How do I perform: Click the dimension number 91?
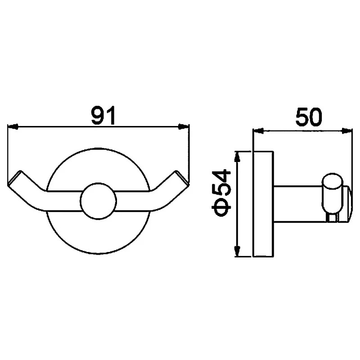(x=103, y=115)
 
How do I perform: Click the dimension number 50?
(x=309, y=117)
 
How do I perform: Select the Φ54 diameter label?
(x=221, y=193)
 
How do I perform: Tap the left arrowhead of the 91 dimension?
(x=13, y=126)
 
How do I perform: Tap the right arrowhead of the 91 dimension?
(x=184, y=126)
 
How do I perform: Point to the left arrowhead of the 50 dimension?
(x=258, y=131)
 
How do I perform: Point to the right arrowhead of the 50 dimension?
(x=347, y=131)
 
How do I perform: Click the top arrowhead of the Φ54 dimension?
(x=237, y=157)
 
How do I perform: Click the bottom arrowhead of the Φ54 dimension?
(x=237, y=251)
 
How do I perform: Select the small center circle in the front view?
(x=99, y=201)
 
